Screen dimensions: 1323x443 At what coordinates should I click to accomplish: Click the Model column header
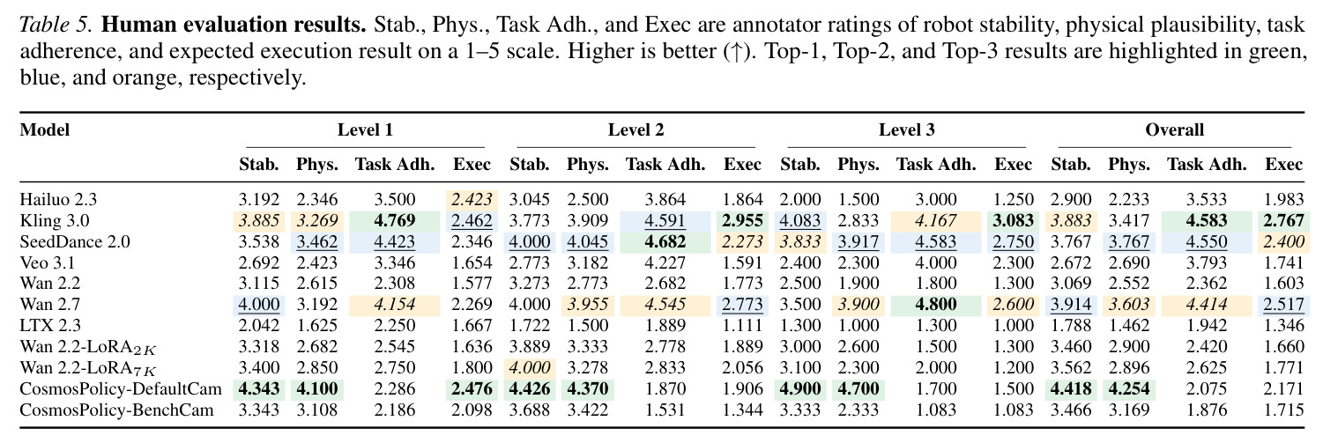pos(45,129)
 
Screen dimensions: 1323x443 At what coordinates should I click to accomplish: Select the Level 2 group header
pos(635,129)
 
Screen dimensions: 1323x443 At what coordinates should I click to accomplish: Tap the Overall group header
pos(1174,129)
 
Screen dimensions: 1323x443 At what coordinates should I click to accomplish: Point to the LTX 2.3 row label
pos(50,326)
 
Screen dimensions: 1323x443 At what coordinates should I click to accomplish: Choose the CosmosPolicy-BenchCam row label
pos(116,410)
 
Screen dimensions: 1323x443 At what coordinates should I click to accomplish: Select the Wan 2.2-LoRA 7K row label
pos(88,369)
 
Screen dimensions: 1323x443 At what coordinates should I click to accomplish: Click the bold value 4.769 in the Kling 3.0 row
pos(395,220)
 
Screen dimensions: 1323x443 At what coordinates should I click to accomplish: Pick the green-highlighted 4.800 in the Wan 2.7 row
pos(935,305)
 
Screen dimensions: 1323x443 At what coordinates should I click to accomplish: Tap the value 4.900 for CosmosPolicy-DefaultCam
pos(799,388)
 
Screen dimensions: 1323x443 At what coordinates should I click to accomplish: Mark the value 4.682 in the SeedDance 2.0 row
pos(665,242)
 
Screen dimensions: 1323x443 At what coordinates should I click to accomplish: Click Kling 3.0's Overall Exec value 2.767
pos(1283,220)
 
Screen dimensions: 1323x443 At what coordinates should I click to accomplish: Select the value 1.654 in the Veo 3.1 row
pos(472,262)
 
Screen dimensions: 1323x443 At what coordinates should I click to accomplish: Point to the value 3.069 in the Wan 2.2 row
pos(1070,284)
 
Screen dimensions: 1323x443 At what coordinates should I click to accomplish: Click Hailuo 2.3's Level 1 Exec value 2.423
pos(472,199)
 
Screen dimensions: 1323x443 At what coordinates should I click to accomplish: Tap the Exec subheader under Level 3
pos(1013,164)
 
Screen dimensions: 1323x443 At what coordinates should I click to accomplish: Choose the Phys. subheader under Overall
pos(1129,165)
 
